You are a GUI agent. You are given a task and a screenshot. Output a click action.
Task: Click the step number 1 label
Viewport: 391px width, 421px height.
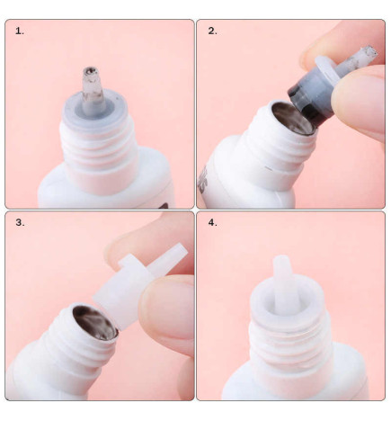[x=20, y=31]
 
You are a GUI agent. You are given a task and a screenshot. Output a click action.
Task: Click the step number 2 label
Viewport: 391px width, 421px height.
[x=212, y=31]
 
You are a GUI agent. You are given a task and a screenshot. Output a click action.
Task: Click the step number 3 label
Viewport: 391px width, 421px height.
[x=20, y=223]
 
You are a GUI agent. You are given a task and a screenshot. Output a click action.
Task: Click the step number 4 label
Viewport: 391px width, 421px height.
[x=212, y=223]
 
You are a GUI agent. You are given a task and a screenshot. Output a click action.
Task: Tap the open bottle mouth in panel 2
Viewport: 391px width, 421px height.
[x=292, y=118]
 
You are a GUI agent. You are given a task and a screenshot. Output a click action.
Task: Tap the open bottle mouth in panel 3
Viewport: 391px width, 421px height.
[x=95, y=322]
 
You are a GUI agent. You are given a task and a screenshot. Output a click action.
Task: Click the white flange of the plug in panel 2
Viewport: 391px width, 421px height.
[x=327, y=69]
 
